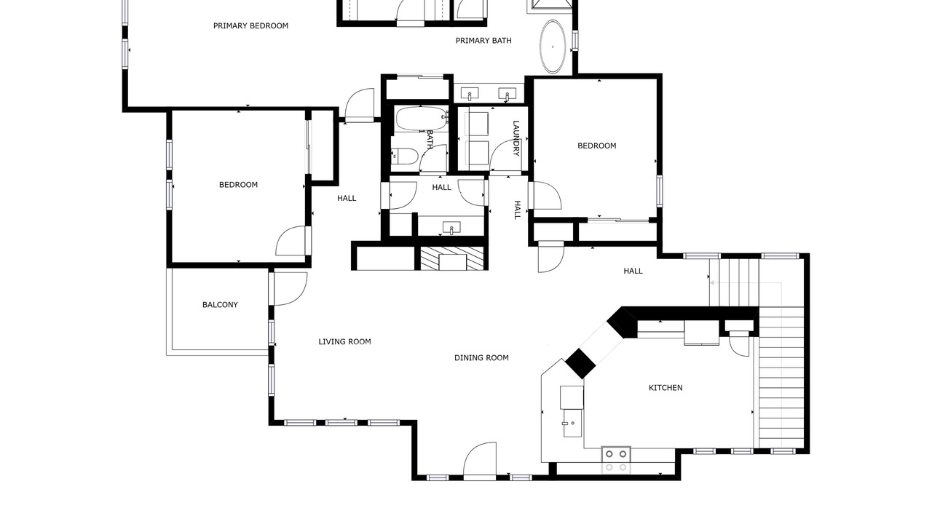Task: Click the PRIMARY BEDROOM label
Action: pos(250,25)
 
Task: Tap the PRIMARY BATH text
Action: pos(483,41)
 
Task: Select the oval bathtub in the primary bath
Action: pos(553,47)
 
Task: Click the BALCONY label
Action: pos(220,305)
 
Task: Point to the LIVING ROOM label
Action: pos(344,342)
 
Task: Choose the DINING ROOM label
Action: pos(481,357)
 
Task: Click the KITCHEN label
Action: pos(666,388)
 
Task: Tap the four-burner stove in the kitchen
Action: pos(616,461)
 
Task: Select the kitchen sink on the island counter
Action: pos(573,423)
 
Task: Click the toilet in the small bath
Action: pos(404,156)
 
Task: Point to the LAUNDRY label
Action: pos(516,138)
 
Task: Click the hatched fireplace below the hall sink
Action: pos(452,258)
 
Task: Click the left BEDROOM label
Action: pos(238,185)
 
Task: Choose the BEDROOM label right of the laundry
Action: pos(596,146)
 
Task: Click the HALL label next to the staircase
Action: pos(633,271)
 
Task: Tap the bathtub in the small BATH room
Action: pos(421,119)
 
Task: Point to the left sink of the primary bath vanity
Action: pos(470,95)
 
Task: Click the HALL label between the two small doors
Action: pos(441,188)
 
